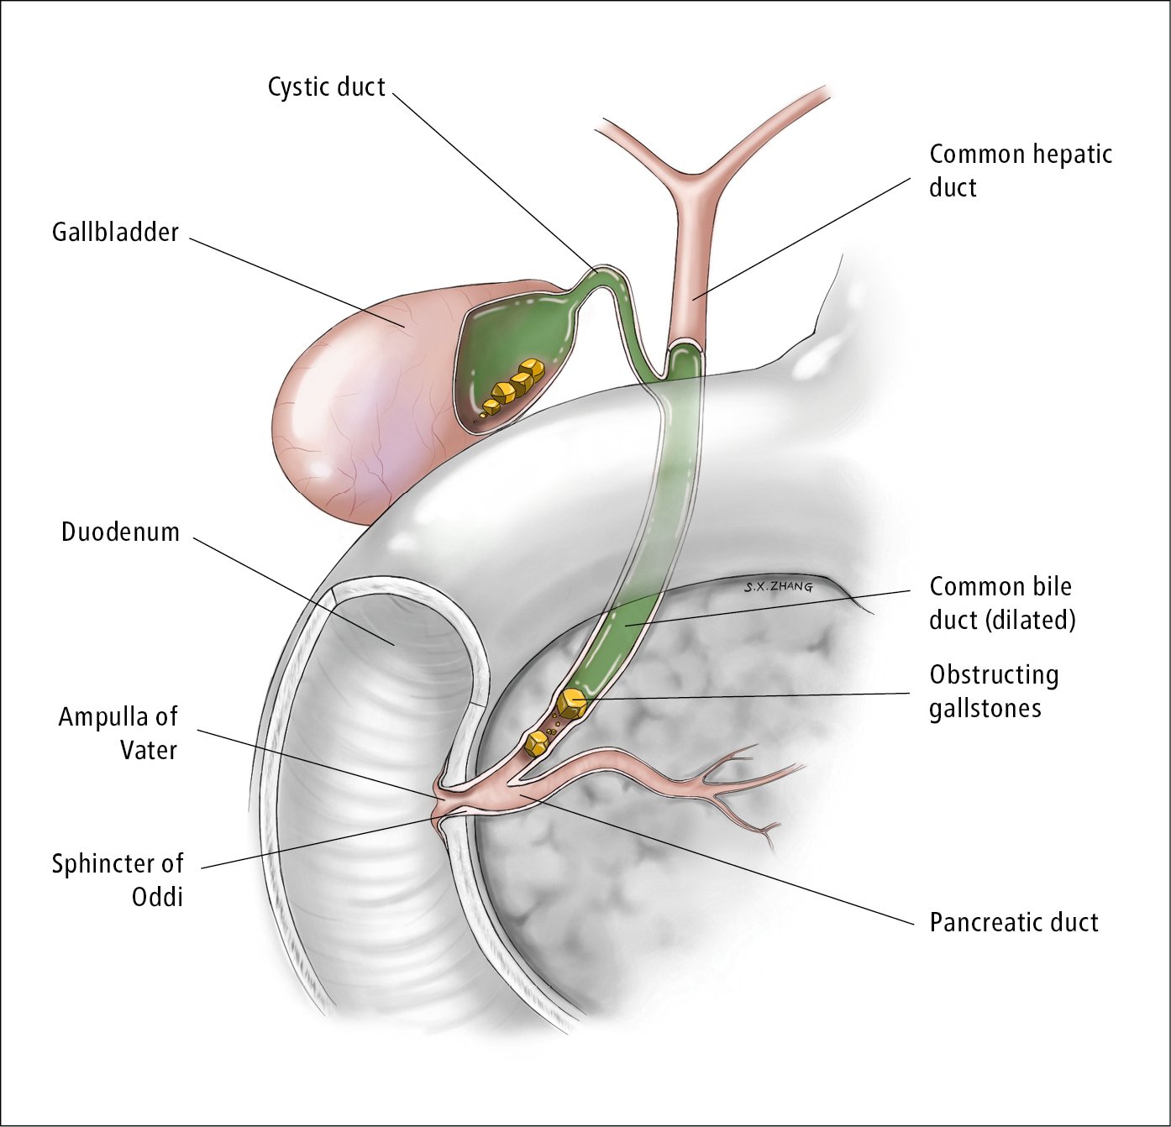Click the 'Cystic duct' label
(x=326, y=87)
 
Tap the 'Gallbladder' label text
(x=115, y=233)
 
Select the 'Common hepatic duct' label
(x=1020, y=170)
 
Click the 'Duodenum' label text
(x=120, y=532)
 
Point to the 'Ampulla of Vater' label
(x=118, y=733)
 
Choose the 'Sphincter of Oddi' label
(x=118, y=880)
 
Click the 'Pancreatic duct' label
(x=1013, y=923)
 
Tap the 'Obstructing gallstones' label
(x=993, y=691)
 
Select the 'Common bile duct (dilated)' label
(x=1001, y=603)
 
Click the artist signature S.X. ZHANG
(x=779, y=587)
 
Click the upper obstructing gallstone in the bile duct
(x=573, y=703)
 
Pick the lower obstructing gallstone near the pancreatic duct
(x=535, y=742)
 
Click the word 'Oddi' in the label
(x=157, y=897)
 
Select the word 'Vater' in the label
(x=149, y=750)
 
